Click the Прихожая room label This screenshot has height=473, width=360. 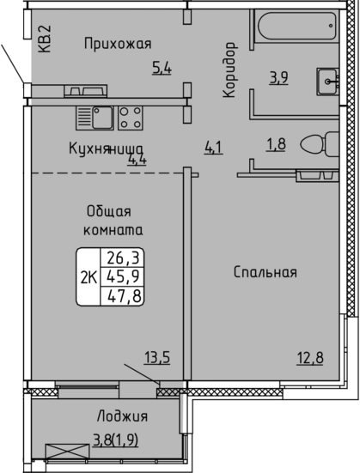coord(118,44)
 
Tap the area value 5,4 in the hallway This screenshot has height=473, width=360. coord(162,68)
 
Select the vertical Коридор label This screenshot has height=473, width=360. coord(229,70)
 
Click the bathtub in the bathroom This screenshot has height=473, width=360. coord(297,26)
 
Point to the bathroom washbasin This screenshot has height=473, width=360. coord(327,82)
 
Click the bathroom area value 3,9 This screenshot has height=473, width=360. coord(278,78)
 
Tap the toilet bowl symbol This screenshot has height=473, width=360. coord(320,144)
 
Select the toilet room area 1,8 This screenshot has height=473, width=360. coord(276,144)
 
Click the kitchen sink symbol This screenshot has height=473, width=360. coord(95,118)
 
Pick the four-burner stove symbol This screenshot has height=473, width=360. coord(131,118)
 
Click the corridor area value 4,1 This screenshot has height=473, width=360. coord(214,149)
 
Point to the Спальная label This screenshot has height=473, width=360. coord(265,272)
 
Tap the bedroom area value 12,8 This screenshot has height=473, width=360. coord(310,358)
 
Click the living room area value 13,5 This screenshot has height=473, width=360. coord(157,358)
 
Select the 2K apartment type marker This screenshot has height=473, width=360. coord(88,278)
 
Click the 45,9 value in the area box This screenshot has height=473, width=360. coord(122,276)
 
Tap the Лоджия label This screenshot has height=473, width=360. coord(122,416)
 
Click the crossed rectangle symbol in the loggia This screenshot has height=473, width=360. coord(68,451)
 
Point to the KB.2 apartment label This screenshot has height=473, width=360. coord(45,39)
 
